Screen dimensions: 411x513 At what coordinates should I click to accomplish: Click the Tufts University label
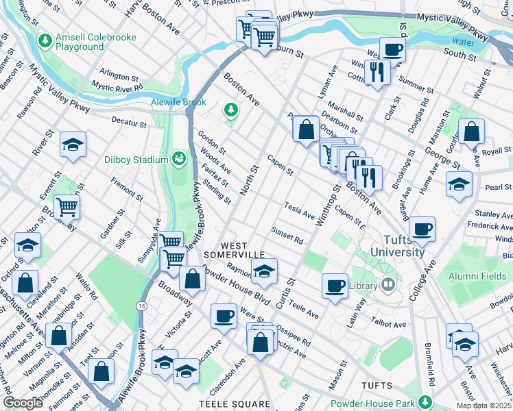click(x=398, y=246)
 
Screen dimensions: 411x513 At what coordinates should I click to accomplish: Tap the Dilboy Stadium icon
click(x=179, y=159)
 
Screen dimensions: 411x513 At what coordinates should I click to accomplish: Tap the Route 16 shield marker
click(x=141, y=305)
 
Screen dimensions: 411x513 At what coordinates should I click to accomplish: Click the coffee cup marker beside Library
click(x=335, y=285)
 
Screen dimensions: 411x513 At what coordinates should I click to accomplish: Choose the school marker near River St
click(x=73, y=145)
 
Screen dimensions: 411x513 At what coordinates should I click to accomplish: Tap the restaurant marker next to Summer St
click(x=377, y=71)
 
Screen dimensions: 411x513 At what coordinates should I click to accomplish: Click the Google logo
click(x=23, y=403)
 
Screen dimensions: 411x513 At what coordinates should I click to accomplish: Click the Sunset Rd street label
click(x=287, y=235)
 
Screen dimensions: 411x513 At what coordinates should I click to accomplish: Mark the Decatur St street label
click(x=129, y=124)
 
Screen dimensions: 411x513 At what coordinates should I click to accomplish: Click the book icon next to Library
click(x=388, y=284)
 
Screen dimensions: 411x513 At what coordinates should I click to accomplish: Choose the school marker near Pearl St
click(x=459, y=184)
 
